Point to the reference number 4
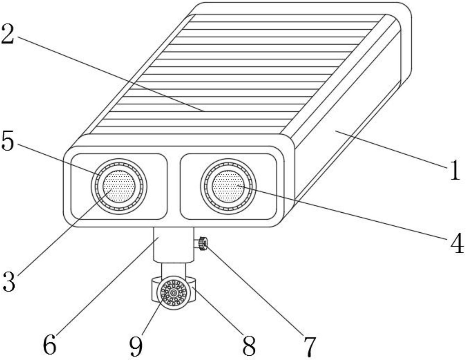457,244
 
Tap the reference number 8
249,345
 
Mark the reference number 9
136,347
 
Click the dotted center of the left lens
119,186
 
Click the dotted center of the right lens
228,186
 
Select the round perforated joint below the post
174,293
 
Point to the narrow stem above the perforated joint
174,270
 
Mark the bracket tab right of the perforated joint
193,290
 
